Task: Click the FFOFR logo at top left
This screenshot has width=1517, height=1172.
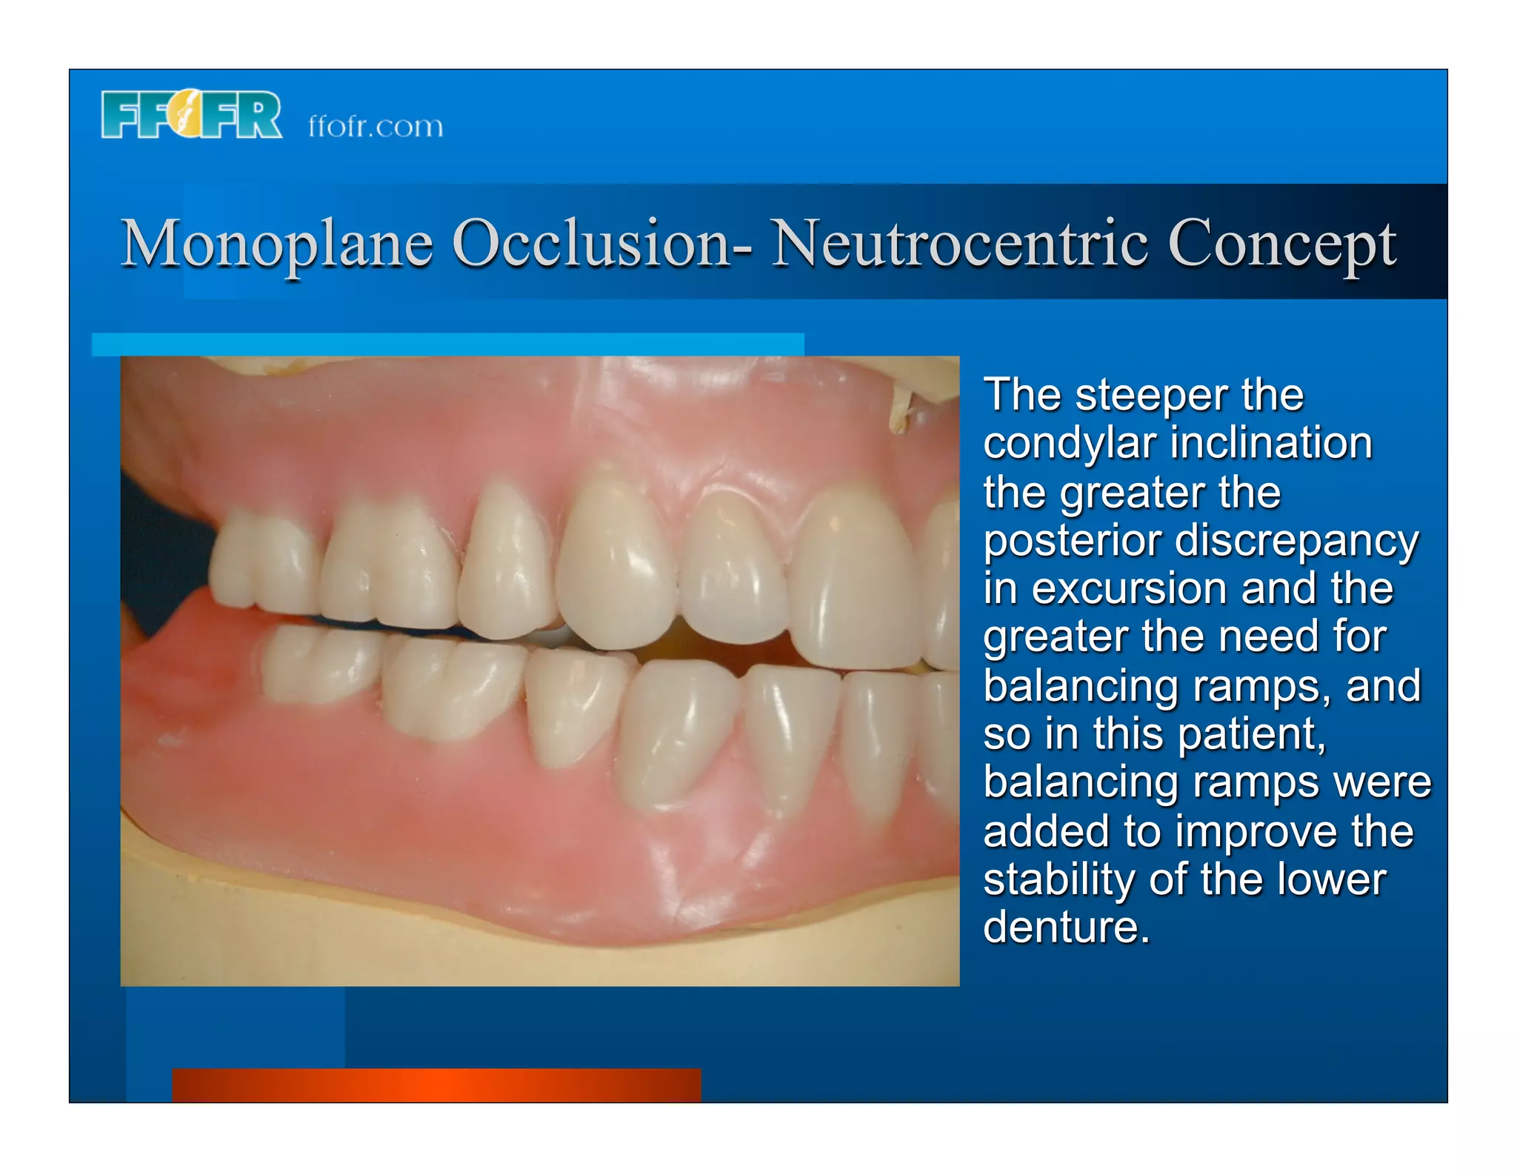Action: pyautogui.click(x=191, y=115)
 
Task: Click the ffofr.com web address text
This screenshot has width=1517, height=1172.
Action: pyautogui.click(x=376, y=127)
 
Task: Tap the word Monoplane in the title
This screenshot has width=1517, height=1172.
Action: pyautogui.click(x=276, y=244)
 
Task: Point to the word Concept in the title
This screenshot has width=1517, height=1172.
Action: pyautogui.click(x=1282, y=244)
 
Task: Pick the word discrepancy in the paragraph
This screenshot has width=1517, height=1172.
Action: pyautogui.click(x=1296, y=541)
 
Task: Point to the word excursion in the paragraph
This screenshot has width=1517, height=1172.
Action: pyautogui.click(x=1130, y=589)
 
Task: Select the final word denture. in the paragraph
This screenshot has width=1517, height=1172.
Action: pyautogui.click(x=1067, y=927)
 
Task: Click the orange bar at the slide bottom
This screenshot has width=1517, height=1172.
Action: pyautogui.click(x=436, y=1085)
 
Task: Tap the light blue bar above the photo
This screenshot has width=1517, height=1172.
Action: pyautogui.click(x=447, y=344)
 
